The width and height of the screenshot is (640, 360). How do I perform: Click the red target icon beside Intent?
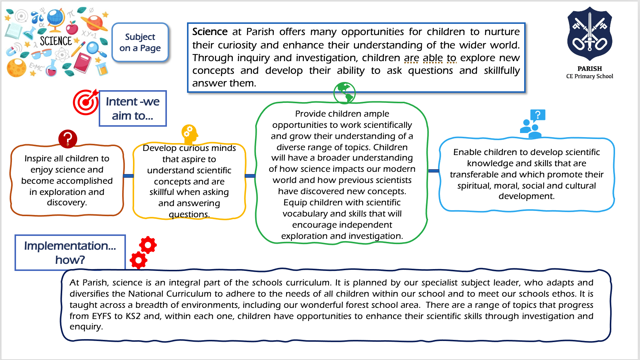[86, 102]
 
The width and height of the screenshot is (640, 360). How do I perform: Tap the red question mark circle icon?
[68, 139]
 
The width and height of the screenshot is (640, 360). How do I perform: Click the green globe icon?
[345, 93]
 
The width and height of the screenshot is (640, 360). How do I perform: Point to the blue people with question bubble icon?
[533, 124]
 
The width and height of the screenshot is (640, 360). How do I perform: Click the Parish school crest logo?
[590, 34]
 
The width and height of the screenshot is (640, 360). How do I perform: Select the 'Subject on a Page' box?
[140, 42]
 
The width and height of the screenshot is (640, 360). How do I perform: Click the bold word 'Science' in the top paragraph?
[210, 32]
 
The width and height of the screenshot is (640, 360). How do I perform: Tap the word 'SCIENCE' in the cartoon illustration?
[56, 41]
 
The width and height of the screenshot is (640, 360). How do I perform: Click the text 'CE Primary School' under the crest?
[590, 76]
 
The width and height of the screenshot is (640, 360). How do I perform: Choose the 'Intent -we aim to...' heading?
[133, 108]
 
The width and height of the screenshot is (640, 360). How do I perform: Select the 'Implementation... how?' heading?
[70, 253]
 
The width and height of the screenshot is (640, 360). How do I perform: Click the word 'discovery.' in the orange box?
[67, 203]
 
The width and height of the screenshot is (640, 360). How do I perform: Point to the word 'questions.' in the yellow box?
[189, 215]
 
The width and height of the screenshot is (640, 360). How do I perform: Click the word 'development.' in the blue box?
[527, 196]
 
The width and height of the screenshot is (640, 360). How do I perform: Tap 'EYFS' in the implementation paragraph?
[102, 316]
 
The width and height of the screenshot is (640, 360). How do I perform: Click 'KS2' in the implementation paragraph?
[133, 316]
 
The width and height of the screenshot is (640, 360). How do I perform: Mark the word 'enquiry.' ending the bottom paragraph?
[86, 327]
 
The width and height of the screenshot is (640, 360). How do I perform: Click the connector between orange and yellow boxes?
[128, 176]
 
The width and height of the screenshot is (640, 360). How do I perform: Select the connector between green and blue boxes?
[434, 171]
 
